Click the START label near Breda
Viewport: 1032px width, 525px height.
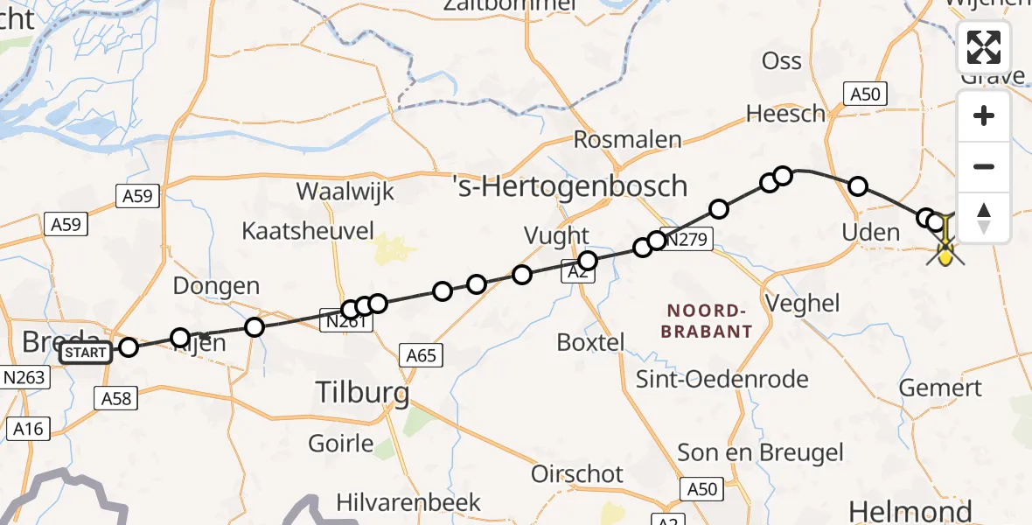point(87,353)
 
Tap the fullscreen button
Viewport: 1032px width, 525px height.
point(984,47)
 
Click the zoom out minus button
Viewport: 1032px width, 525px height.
point(984,166)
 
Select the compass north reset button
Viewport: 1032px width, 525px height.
point(984,217)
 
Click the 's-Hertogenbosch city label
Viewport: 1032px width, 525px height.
point(570,186)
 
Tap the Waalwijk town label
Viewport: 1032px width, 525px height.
point(345,192)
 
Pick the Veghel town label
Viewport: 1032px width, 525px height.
point(802,304)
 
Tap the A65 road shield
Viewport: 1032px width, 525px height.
point(422,354)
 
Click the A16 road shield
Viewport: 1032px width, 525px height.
point(28,429)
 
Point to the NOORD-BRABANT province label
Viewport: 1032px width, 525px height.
point(707,321)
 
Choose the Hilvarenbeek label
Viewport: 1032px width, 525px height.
point(409,502)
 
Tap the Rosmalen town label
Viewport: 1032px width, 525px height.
point(627,139)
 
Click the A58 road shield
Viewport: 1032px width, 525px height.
point(115,399)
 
